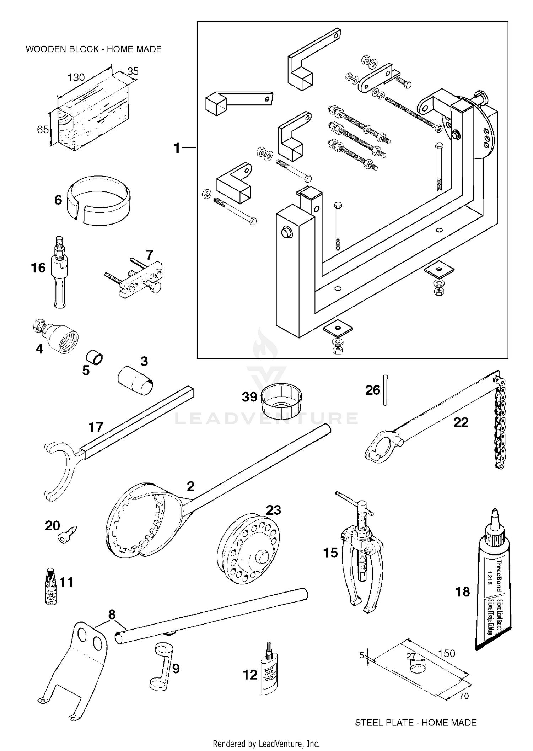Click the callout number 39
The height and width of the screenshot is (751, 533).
[x=249, y=396]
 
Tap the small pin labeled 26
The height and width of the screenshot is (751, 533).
[x=385, y=390]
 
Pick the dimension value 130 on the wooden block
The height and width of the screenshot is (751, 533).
[x=76, y=77]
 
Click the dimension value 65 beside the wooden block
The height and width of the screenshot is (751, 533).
[x=43, y=130]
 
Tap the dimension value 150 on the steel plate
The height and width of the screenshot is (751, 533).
[x=446, y=653]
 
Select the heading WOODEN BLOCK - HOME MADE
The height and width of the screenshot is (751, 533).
[x=93, y=49]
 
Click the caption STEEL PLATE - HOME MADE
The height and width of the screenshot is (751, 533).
[x=415, y=722]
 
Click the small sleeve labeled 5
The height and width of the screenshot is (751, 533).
[x=95, y=358]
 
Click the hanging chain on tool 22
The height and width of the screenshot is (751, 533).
[x=499, y=426]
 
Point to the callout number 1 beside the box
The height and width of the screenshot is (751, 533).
[x=177, y=148]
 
